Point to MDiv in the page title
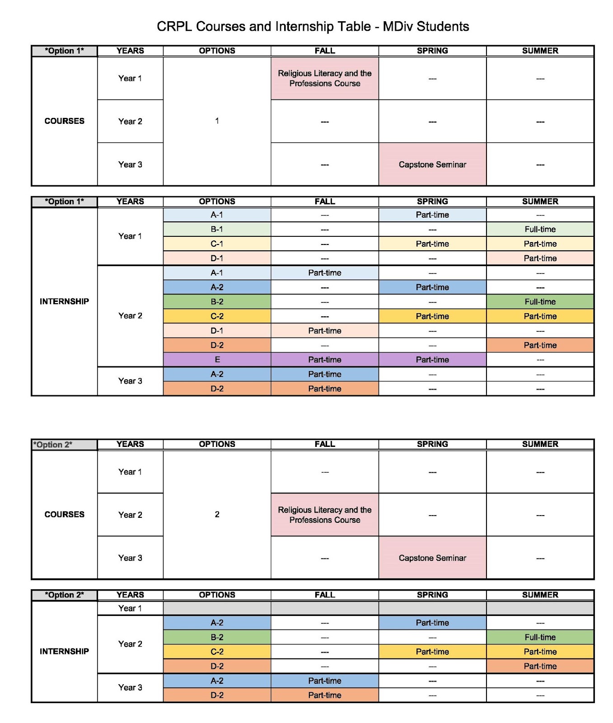[398, 27]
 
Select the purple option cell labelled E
[217, 360]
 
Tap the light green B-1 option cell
[217, 229]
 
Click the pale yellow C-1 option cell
[217, 244]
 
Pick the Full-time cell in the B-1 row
[540, 229]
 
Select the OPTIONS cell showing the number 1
[217, 121]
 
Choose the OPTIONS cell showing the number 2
[217, 514]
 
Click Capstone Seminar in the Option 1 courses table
[432, 164]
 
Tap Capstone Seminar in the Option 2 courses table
[432, 558]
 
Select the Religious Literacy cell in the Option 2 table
[325, 515]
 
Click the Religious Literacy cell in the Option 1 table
[325, 78]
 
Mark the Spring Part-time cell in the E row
[432, 360]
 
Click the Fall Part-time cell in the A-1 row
[325, 272]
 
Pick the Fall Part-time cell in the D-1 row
[325, 331]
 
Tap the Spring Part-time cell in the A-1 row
[432, 215]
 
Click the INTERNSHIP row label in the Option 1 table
[64, 301]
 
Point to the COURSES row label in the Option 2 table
[64, 514]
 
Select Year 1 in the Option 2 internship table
[130, 608]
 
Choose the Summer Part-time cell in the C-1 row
[540, 244]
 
